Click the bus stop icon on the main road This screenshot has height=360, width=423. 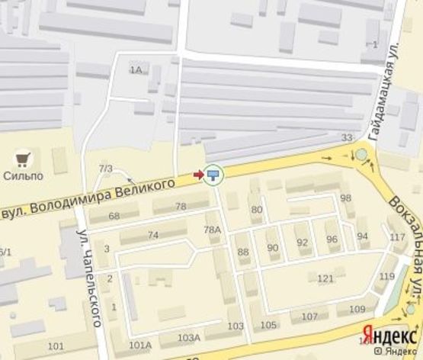point(214,175)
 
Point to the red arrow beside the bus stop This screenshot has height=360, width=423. point(199,175)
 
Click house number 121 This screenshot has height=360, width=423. point(325,278)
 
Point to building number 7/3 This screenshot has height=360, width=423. point(105,168)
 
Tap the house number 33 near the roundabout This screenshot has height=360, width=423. point(348,138)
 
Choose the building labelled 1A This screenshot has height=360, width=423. point(136,70)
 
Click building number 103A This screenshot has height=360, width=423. point(188,337)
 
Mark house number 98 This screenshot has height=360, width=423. point(345,198)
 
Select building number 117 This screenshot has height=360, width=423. point(397,237)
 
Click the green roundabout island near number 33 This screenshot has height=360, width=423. point(361,156)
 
